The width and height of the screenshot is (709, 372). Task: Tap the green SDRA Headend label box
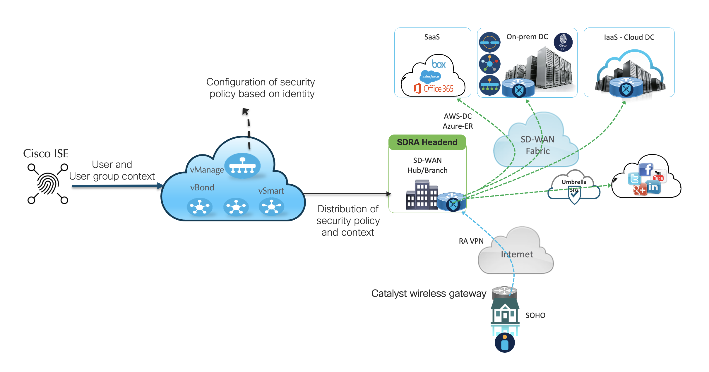point(427,142)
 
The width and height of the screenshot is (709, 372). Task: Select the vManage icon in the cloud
point(242,166)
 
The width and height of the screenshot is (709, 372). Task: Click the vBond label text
point(202,187)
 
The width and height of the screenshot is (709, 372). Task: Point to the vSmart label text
point(271,191)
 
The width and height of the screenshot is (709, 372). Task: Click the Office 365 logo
point(434,89)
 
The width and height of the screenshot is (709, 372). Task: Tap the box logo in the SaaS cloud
point(439,64)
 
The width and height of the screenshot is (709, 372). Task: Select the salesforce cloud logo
point(430,76)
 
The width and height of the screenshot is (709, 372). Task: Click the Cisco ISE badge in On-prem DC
point(563,42)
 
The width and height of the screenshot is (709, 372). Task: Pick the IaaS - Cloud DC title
point(629,37)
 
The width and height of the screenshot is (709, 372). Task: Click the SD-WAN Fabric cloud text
point(537,145)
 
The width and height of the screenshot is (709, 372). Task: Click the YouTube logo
point(658,175)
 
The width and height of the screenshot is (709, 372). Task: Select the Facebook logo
point(646,169)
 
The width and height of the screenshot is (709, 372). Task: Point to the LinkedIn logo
point(653,187)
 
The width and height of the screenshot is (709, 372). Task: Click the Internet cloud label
point(517,254)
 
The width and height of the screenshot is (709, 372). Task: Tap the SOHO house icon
point(505,314)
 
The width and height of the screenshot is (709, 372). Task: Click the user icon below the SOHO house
point(505,342)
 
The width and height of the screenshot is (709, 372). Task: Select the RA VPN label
point(471,241)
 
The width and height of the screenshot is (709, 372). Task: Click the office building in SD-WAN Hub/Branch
point(422,195)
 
